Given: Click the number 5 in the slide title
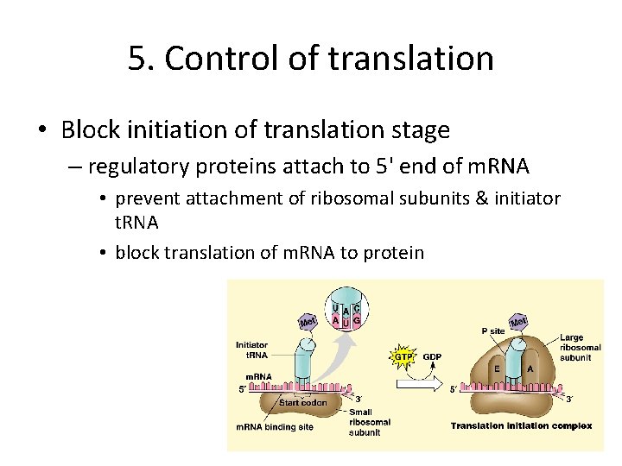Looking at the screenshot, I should [136, 59].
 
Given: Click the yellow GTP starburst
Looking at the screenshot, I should [403, 356].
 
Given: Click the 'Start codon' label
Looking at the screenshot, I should [302, 403].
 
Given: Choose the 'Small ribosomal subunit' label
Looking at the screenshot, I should [370, 422].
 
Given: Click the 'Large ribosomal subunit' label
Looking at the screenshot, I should [577, 347].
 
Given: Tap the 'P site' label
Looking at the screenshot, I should [493, 331].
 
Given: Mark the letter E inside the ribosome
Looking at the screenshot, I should [496, 368].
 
